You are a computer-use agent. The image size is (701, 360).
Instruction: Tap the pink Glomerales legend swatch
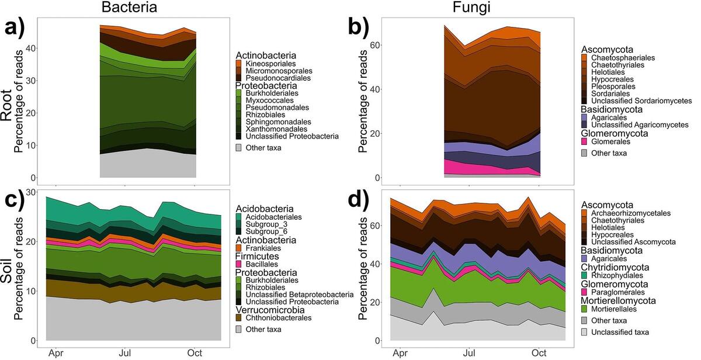coord(584,141)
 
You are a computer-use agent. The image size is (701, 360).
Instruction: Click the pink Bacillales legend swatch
coord(239,264)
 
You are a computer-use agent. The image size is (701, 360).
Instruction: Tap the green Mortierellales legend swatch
coord(584,309)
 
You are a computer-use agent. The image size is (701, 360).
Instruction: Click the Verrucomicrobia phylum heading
coord(272,310)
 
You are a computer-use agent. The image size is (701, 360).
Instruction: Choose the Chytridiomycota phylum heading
coord(618,267)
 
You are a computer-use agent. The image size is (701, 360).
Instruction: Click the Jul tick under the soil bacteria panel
coord(125,353)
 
